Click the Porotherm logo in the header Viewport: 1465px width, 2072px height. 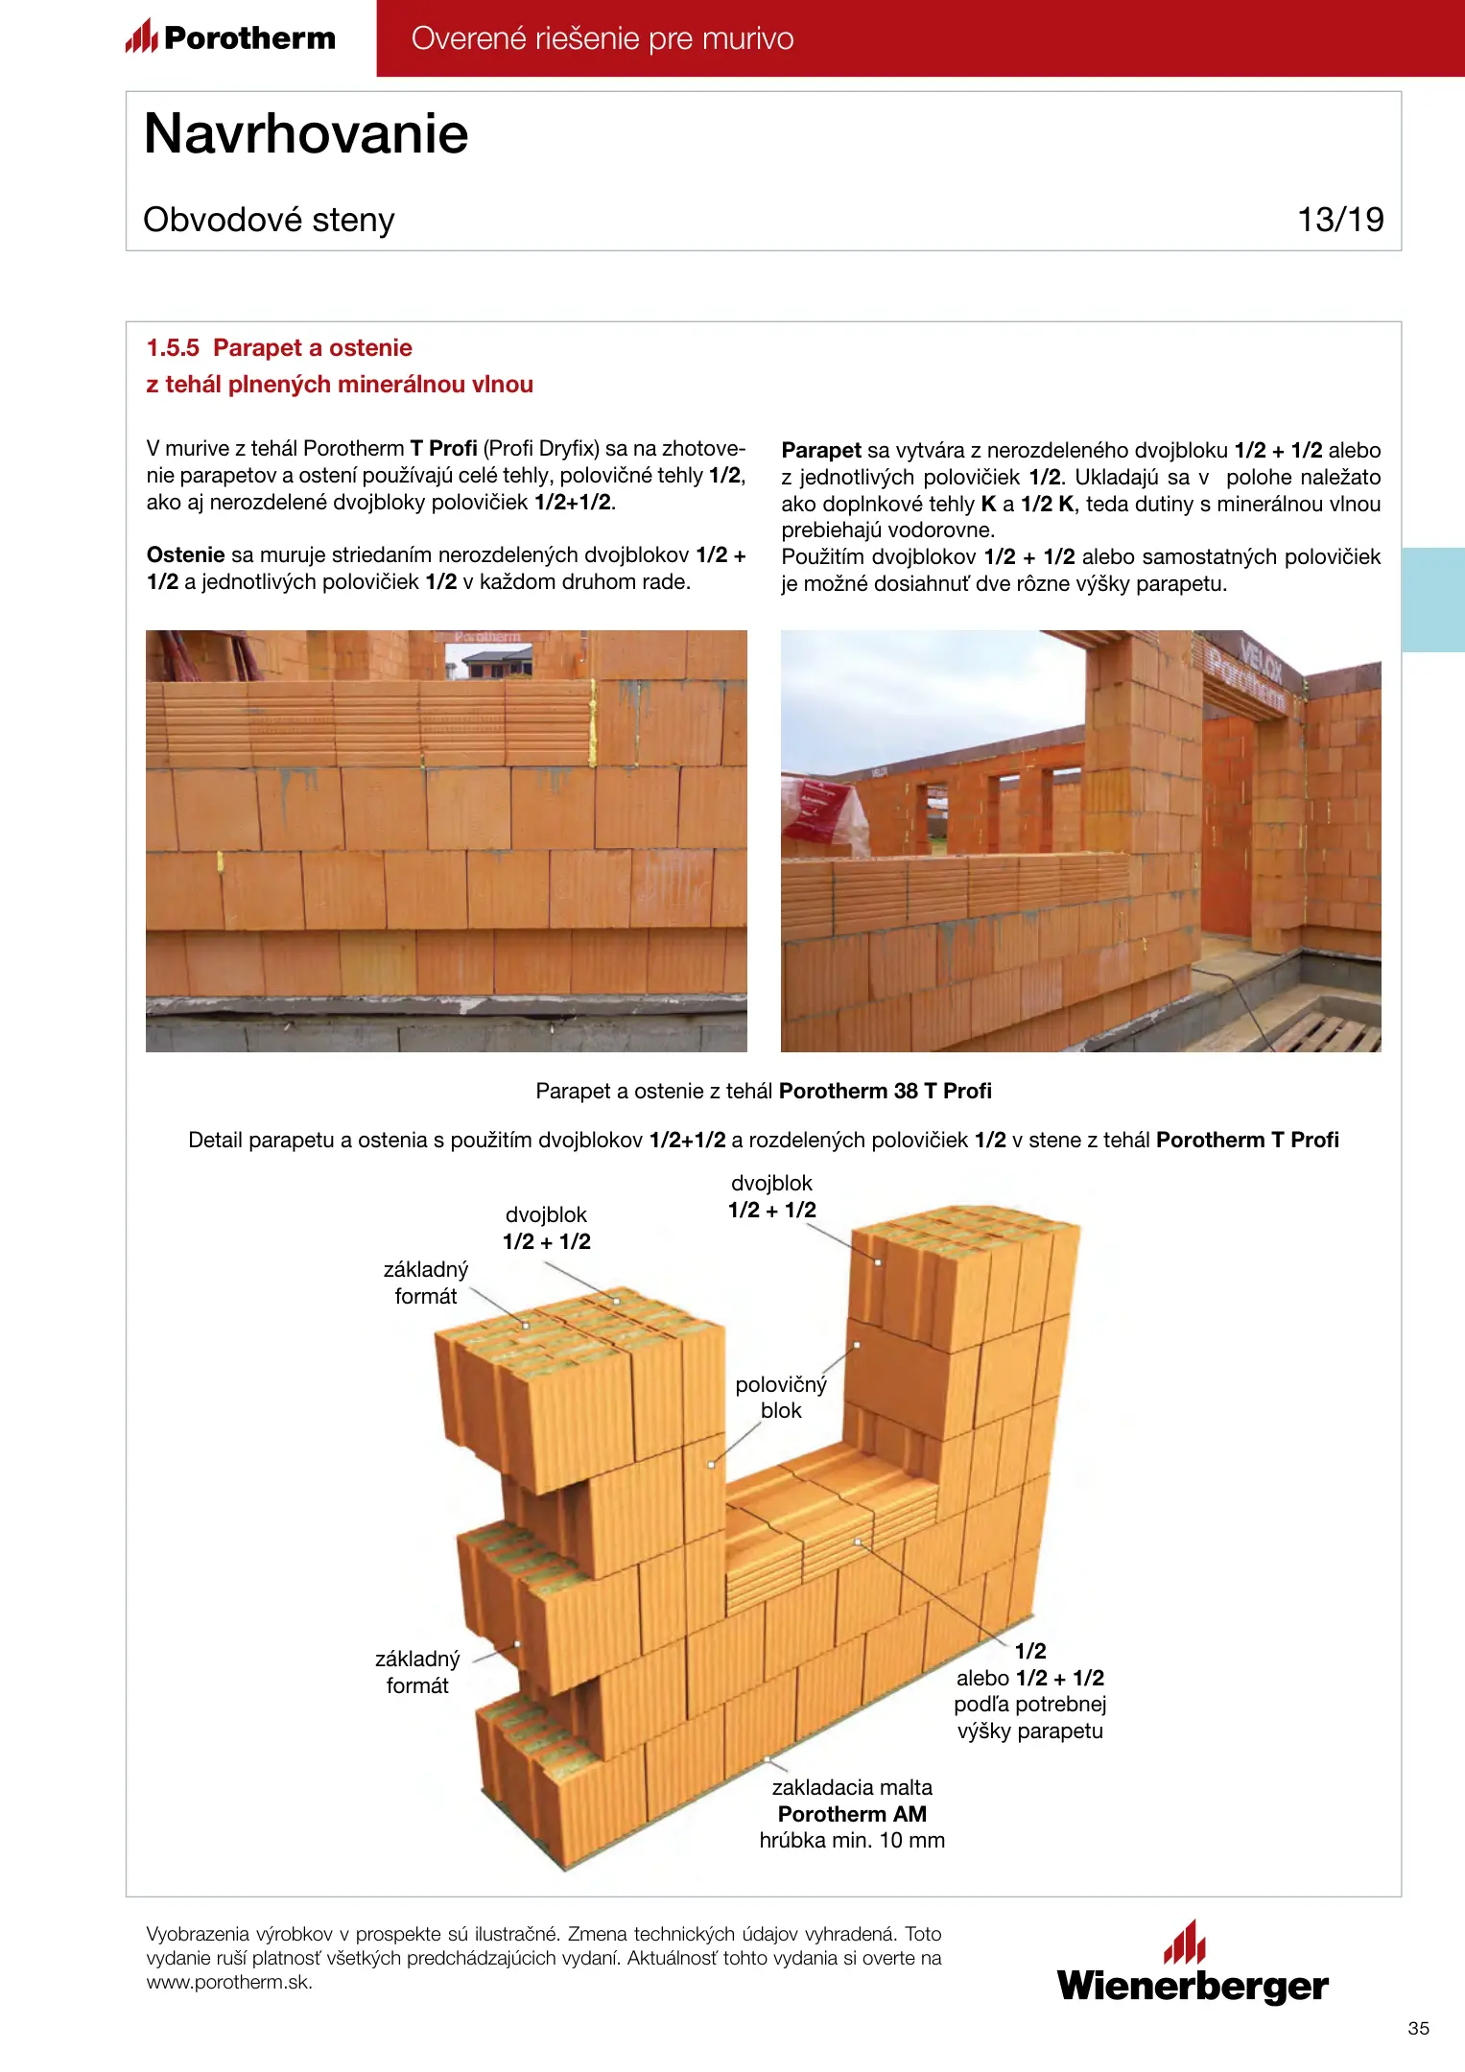click(231, 37)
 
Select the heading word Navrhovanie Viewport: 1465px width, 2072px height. click(306, 133)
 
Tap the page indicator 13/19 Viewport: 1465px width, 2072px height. click(1340, 220)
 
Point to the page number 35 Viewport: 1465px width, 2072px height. click(1418, 2028)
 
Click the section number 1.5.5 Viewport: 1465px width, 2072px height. click(173, 348)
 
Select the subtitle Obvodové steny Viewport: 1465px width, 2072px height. click(269, 220)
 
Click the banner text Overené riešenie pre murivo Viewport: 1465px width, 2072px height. click(603, 38)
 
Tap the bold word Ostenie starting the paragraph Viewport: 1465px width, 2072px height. click(185, 554)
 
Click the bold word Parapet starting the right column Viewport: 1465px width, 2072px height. click(821, 450)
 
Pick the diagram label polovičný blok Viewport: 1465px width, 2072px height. click(781, 1398)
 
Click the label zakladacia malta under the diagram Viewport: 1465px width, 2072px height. click(852, 1787)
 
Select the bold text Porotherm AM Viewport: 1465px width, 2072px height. click(852, 1814)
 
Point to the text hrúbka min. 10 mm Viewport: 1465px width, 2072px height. click(852, 1840)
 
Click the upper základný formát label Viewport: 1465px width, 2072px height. click(426, 1283)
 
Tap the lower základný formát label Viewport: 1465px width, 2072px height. click(417, 1672)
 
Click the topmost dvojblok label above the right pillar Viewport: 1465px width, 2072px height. click(771, 1196)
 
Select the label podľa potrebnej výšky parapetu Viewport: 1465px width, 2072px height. click(1029, 1717)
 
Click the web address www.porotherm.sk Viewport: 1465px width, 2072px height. click(229, 1983)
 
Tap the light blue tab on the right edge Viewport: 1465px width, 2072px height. click(1432, 600)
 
